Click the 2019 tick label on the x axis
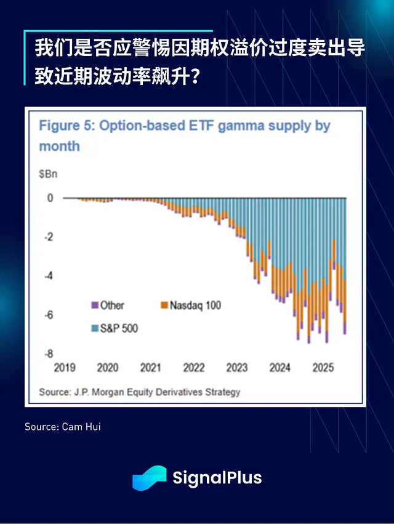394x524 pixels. point(65,368)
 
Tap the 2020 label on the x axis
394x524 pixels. point(108,368)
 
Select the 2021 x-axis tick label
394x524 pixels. point(151,368)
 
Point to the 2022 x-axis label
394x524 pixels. point(194,368)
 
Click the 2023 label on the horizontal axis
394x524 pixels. point(237,368)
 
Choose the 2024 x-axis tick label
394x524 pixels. point(280,368)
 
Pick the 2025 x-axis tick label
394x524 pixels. point(323,368)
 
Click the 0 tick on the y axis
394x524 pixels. point(50,198)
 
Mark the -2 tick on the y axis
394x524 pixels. point(49,237)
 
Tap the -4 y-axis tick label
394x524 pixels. point(49,276)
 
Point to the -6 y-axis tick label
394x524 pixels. point(49,315)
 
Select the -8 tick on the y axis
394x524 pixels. point(49,353)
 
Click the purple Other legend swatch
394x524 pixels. point(94,305)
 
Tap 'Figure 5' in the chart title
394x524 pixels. point(65,126)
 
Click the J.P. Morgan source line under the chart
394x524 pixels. point(140,392)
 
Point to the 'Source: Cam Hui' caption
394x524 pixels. point(62,426)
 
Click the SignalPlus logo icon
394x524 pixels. point(150,478)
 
